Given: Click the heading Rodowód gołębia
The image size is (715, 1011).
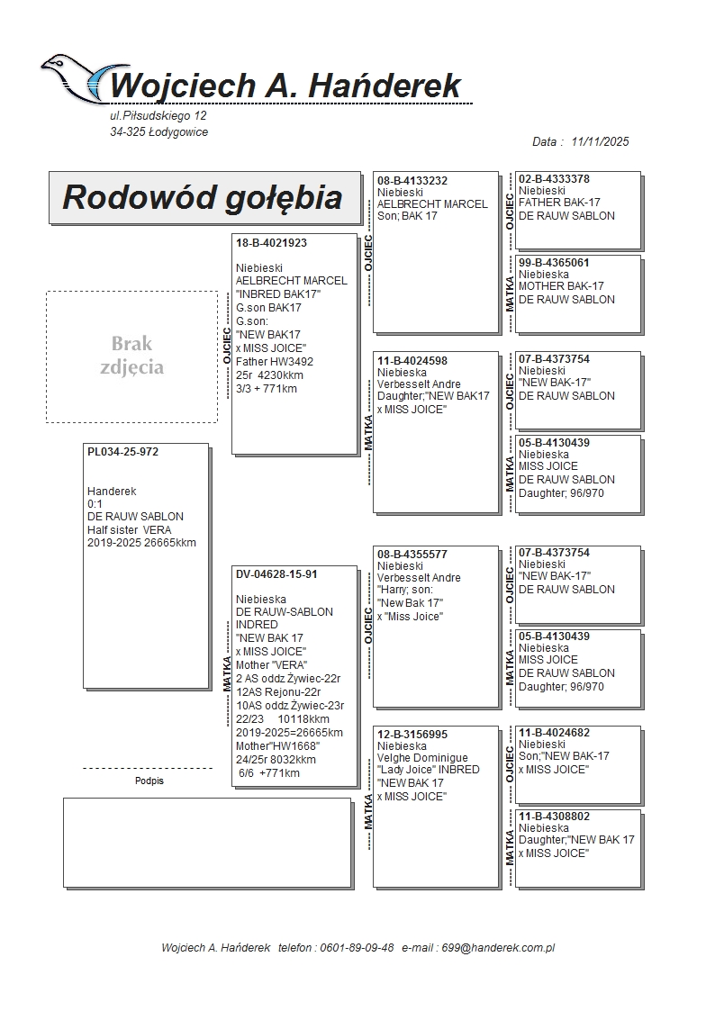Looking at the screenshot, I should [202, 197].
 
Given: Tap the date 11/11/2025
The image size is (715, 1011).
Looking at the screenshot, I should [600, 141].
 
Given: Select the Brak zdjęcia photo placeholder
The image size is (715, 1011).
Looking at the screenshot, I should [131, 356].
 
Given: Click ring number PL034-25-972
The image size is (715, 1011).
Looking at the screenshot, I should [122, 452].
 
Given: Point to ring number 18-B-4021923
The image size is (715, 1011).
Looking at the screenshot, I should [271, 243].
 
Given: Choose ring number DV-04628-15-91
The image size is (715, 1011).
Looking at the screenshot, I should [276, 573].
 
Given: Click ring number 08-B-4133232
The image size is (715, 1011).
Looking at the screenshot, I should [412, 181].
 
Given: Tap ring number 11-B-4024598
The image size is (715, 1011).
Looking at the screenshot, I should [412, 361].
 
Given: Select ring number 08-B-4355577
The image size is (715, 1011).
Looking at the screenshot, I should [412, 555].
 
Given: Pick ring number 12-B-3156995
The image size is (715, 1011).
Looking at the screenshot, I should [412, 735].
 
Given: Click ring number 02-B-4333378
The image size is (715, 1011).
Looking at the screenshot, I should [554, 179].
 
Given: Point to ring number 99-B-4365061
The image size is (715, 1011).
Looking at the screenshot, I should [554, 263].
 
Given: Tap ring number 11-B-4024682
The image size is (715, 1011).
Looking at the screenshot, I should [554, 733].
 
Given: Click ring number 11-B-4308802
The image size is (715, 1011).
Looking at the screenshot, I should [554, 817].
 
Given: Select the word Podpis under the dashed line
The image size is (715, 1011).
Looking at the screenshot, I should [149, 781].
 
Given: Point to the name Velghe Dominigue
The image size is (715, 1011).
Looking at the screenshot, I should [422, 758].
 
